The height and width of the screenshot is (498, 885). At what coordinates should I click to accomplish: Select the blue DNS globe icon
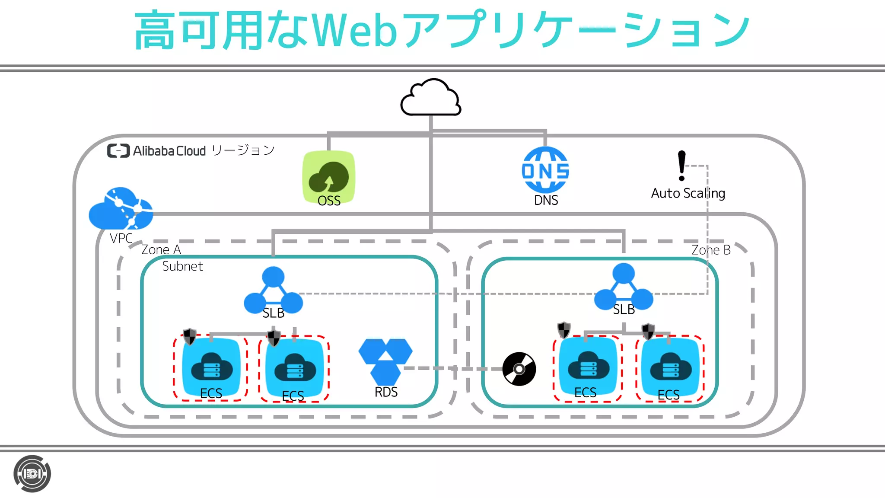pos(545,169)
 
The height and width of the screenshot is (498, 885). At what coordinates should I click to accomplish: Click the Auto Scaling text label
pos(688,193)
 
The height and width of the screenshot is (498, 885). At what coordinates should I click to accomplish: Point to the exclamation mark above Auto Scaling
pos(681,165)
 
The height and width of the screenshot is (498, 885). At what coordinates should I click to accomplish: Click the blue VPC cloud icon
pos(121,209)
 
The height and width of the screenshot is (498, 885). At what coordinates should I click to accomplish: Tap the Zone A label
pos(161,250)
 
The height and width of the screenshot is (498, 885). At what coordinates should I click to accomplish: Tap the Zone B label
pos(711,250)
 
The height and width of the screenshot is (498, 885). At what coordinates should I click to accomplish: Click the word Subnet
pos(182,266)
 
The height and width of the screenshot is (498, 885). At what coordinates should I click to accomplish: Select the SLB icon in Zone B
pos(624,287)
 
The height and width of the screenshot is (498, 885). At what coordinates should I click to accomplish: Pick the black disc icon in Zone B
pos(519,369)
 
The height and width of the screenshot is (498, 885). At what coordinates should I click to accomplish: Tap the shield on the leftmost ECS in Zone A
pos(190,336)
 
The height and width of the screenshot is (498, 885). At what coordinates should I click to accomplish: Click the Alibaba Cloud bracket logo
pos(118,151)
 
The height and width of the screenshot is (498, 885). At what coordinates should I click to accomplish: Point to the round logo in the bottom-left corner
pos(32,474)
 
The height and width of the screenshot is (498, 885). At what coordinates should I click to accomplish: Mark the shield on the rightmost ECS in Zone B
pos(648,331)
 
